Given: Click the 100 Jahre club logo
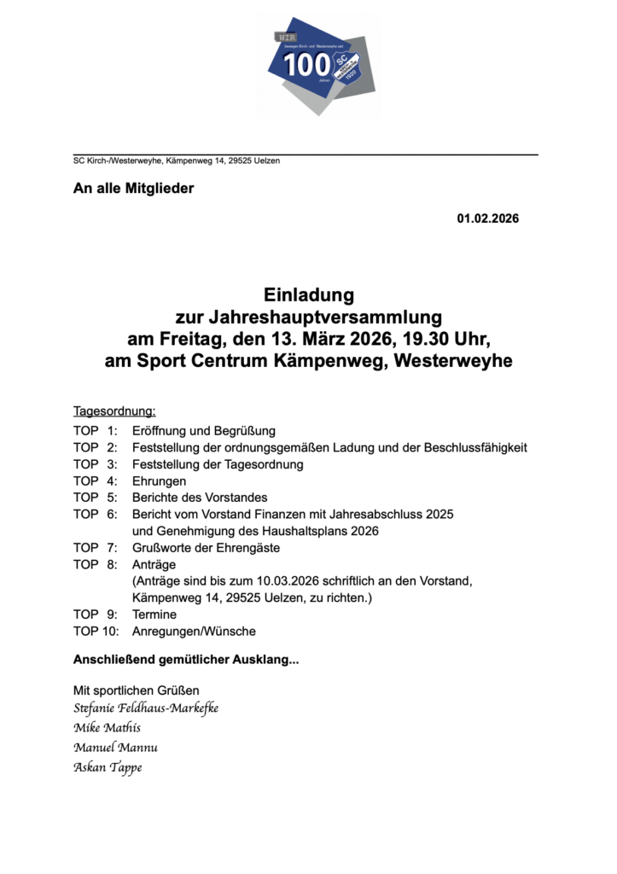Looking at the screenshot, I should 317,66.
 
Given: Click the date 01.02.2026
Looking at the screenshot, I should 487,218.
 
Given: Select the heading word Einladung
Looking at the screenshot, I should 308,296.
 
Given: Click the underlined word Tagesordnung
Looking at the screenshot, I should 114,411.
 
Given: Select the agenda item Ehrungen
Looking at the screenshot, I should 159,481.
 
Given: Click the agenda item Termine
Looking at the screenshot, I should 154,615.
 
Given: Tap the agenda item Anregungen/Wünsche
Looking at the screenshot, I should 194,632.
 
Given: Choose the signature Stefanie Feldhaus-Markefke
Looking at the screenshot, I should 146,708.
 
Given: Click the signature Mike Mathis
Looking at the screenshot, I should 108,728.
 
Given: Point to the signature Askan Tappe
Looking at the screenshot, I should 108,767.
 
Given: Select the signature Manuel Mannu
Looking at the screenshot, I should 115,748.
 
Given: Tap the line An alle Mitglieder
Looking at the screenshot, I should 133,189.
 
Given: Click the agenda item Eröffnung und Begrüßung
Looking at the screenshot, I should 203,431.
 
